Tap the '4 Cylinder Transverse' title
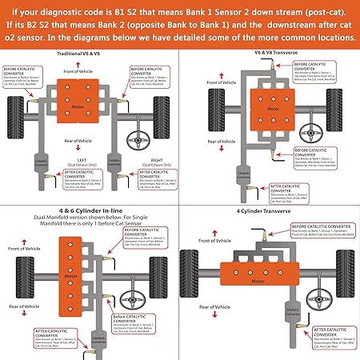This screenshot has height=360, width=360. tap(270, 210)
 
